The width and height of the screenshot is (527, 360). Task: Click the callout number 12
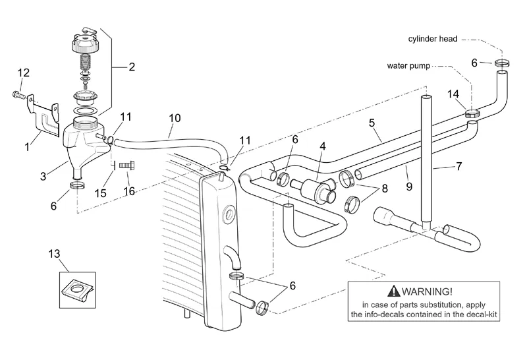23,72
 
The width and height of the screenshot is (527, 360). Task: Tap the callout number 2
132,67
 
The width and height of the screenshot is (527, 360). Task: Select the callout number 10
175,118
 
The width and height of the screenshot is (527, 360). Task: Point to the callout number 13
54,253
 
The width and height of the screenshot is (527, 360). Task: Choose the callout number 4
323,145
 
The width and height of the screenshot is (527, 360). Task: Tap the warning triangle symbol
394,291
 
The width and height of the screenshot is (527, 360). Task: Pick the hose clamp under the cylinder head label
502,63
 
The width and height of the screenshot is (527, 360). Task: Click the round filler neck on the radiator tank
229,214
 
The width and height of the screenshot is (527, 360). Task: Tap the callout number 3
43,177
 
